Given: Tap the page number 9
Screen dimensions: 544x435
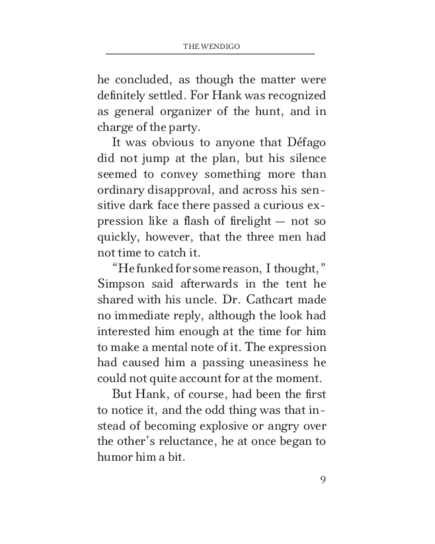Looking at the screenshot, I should coord(323,479).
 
